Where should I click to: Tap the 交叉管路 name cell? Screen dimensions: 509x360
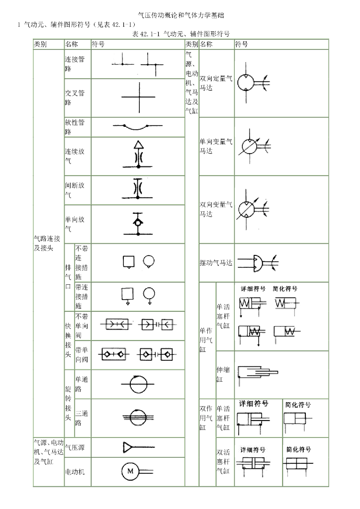pyautogui.click(x=75, y=97)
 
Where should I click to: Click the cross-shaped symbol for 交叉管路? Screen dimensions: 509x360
pyautogui.click(x=138, y=97)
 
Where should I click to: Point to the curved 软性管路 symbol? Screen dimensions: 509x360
pyautogui.click(x=138, y=127)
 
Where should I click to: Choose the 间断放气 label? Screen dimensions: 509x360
pyautogui.click(x=75, y=190)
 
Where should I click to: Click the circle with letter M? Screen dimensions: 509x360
pyautogui.click(x=130, y=471)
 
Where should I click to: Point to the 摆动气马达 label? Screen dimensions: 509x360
pyautogui.click(x=216, y=262)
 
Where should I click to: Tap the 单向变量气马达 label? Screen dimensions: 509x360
pyautogui.click(x=216, y=146)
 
